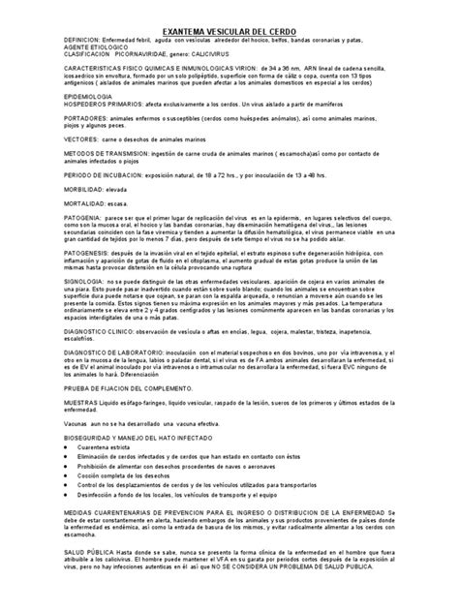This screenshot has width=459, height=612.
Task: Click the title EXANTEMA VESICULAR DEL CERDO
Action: coord(229,32)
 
